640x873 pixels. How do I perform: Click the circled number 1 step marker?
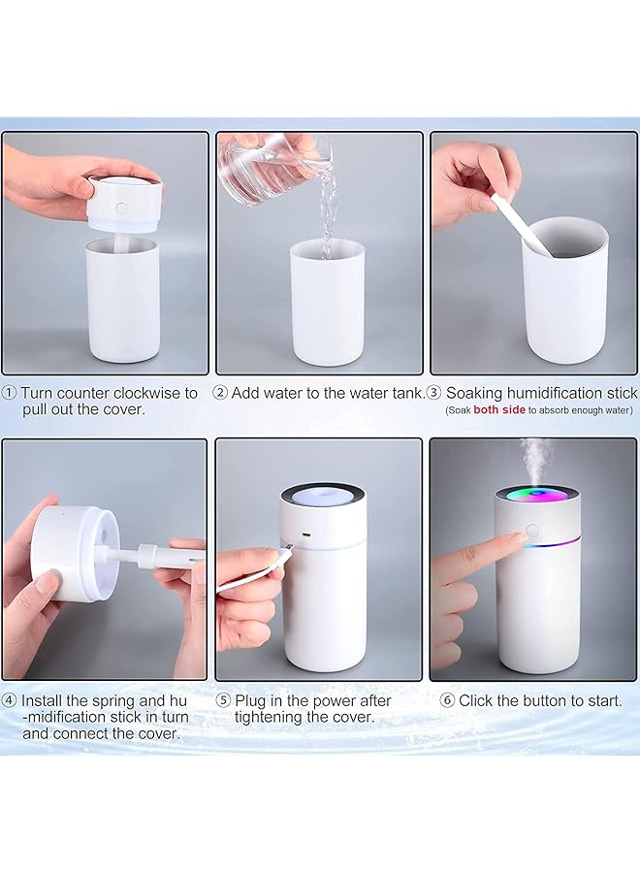9,393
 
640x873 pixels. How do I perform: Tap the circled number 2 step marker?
220,393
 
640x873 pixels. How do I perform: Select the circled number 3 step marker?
433,393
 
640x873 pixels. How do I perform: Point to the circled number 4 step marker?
9,699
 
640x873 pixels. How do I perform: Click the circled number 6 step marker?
447,699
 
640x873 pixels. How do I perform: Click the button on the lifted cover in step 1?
120,208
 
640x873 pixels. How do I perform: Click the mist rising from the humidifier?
534,456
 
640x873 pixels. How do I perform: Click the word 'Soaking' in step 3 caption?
476,393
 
